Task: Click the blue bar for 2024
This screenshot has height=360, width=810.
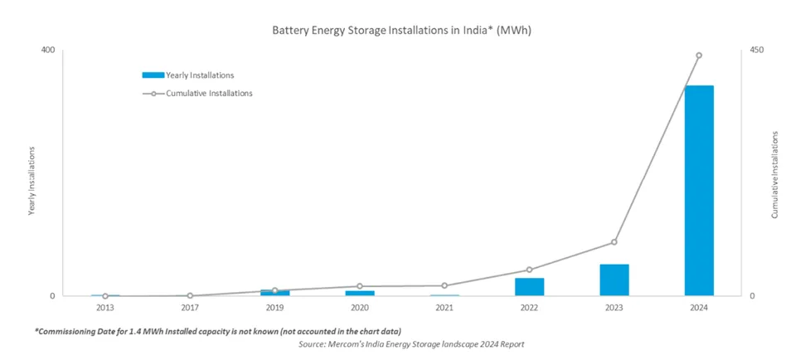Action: pos(698,190)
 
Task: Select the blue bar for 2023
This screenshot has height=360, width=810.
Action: pos(614,280)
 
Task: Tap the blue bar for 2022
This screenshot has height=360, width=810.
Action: pos(529,286)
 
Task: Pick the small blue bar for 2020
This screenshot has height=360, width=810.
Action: pos(359,293)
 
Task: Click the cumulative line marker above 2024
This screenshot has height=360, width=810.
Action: pos(698,56)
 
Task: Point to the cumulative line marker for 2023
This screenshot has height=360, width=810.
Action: pos(614,242)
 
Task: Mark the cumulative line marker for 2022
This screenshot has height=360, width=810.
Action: pos(529,270)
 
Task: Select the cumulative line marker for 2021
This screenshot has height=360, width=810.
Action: pos(444,285)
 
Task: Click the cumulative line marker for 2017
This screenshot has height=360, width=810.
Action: pos(190,295)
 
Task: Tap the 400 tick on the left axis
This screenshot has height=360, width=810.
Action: pos(47,51)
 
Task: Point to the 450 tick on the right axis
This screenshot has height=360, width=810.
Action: pos(756,51)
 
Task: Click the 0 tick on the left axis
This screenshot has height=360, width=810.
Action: pos(51,296)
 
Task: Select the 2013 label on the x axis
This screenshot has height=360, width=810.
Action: pos(105,309)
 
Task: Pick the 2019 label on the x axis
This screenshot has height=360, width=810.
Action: pos(274,309)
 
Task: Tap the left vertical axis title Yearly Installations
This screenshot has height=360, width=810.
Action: pos(32,181)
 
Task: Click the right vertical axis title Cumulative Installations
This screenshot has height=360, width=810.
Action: pos(774,174)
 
